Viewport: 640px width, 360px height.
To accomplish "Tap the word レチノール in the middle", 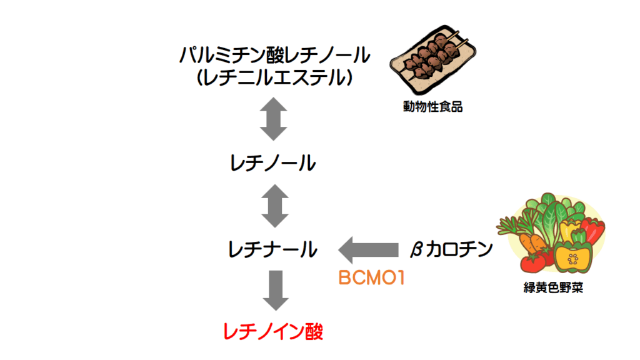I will [273, 164].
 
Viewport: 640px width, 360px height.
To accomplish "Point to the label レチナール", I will [273, 251].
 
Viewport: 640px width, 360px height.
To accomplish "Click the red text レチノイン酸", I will [273, 331].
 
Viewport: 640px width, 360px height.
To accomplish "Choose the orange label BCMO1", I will [371, 277].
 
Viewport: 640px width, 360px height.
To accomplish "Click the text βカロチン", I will [451, 249].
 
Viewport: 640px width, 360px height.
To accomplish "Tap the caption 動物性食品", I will [432, 107].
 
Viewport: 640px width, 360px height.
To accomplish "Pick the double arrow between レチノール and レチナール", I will [273, 205].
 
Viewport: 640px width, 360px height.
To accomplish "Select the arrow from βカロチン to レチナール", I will [368, 250].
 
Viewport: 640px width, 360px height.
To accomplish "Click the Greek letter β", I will [417, 250].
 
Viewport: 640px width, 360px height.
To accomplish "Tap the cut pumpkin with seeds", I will [573, 257].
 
